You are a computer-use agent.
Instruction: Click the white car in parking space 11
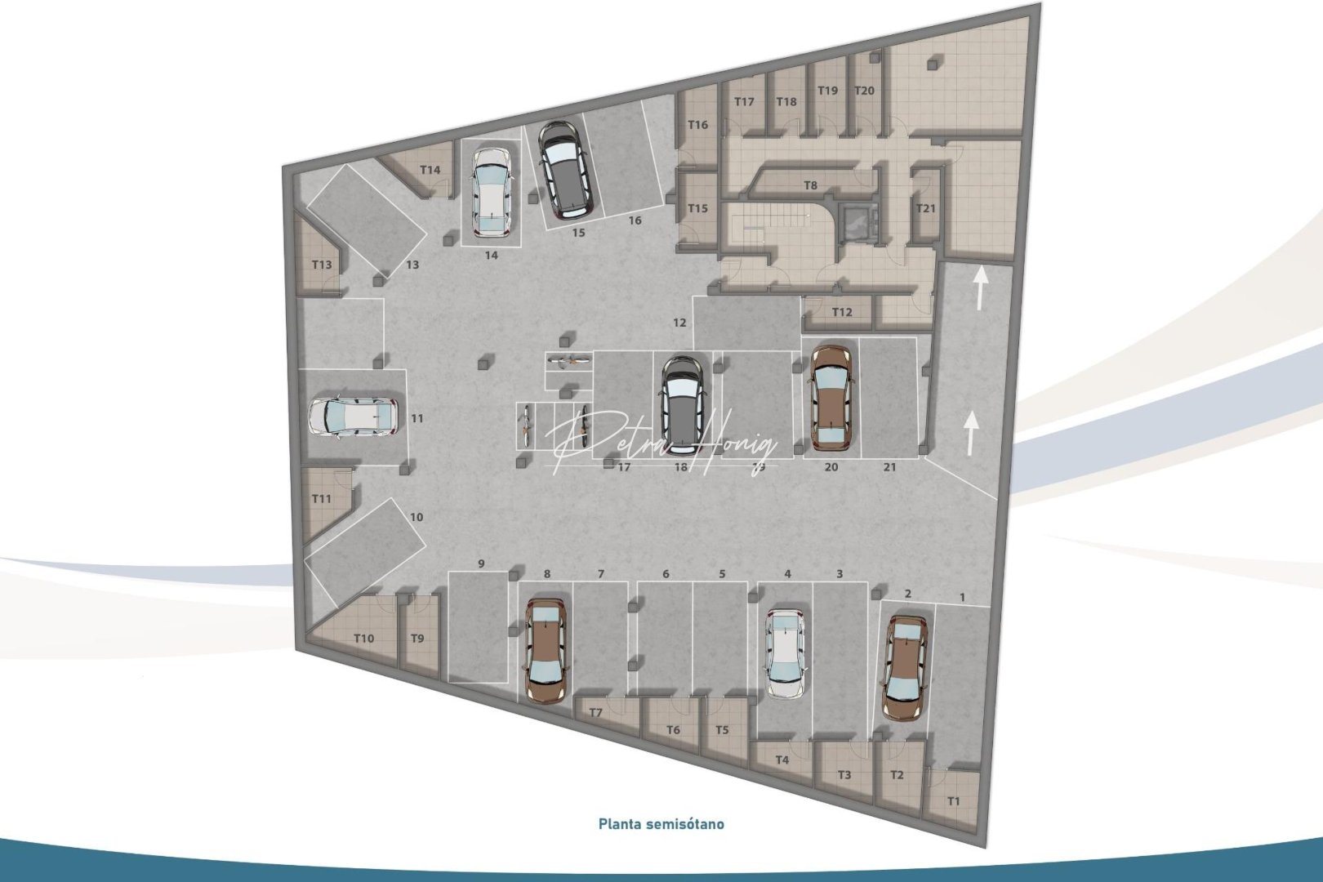(x=354, y=417)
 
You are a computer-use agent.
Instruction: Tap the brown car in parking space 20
(x=831, y=398)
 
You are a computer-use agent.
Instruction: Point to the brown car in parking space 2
(x=904, y=667)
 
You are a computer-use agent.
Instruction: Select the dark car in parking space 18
(x=683, y=397)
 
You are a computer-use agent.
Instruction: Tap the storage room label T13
(x=322, y=265)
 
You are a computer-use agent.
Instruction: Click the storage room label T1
(x=954, y=801)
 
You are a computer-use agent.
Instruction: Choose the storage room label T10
(x=364, y=638)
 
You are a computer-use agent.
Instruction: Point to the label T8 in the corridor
(x=810, y=186)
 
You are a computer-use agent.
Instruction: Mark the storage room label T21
(x=925, y=208)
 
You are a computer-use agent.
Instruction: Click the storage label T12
(x=842, y=312)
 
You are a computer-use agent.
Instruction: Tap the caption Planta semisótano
(x=661, y=824)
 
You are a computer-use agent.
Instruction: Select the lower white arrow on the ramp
(x=971, y=433)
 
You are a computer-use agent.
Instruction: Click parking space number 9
(x=481, y=563)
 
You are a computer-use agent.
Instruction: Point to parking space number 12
(x=679, y=323)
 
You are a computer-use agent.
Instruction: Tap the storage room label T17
(x=744, y=102)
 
